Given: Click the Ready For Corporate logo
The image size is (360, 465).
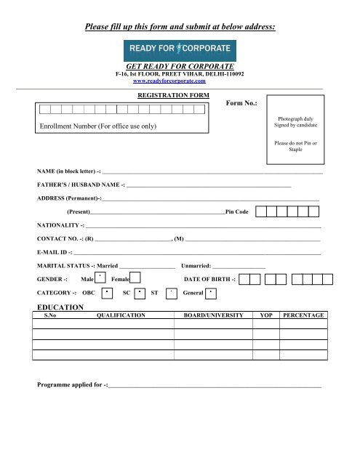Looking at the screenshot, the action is (180, 49).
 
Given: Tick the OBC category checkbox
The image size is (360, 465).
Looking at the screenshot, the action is (106, 294).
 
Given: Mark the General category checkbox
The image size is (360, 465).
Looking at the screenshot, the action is (211, 294).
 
